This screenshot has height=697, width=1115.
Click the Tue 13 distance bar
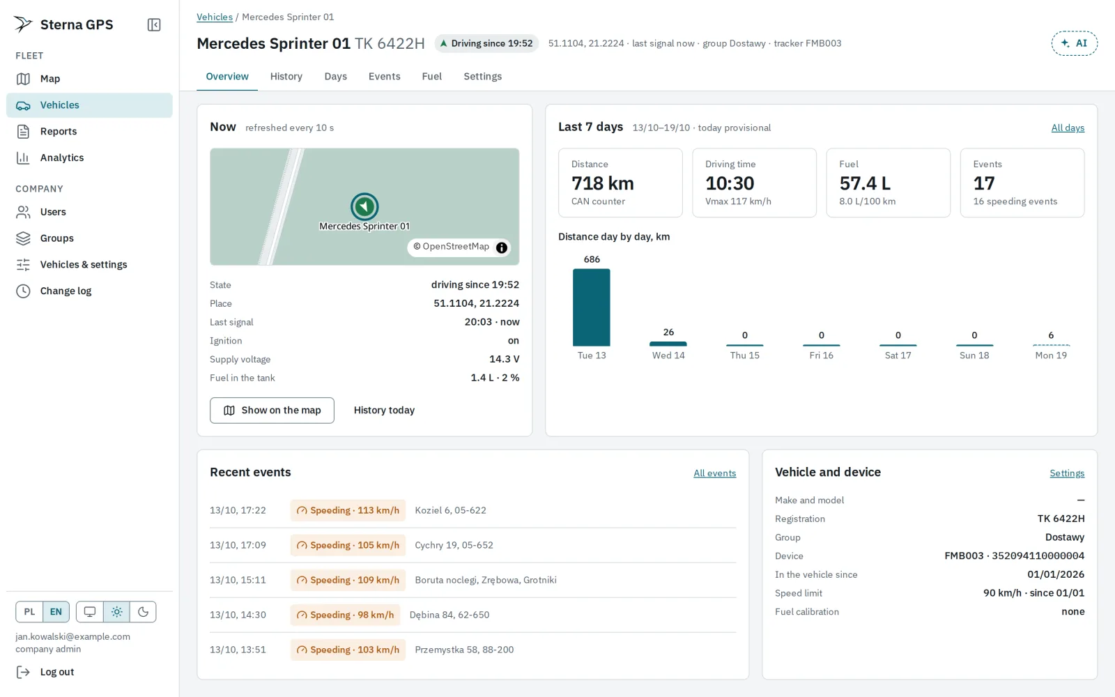click(592, 307)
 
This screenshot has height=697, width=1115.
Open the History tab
click(286, 76)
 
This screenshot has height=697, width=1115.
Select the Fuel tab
click(431, 76)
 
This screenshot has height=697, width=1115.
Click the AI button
click(1074, 43)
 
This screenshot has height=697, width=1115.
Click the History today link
click(384, 411)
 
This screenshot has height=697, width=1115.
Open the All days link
click(1068, 128)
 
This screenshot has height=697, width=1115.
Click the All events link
click(714, 473)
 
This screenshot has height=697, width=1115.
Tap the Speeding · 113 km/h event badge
click(348, 510)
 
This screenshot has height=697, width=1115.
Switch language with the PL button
click(29, 612)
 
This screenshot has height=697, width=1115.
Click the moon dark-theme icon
click(143, 612)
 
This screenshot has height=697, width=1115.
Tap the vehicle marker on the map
click(364, 206)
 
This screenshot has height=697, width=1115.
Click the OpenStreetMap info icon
click(501, 247)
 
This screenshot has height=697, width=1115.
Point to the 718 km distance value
click(602, 183)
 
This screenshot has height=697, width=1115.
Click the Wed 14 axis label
click(668, 355)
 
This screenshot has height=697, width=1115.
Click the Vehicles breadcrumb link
click(215, 17)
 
